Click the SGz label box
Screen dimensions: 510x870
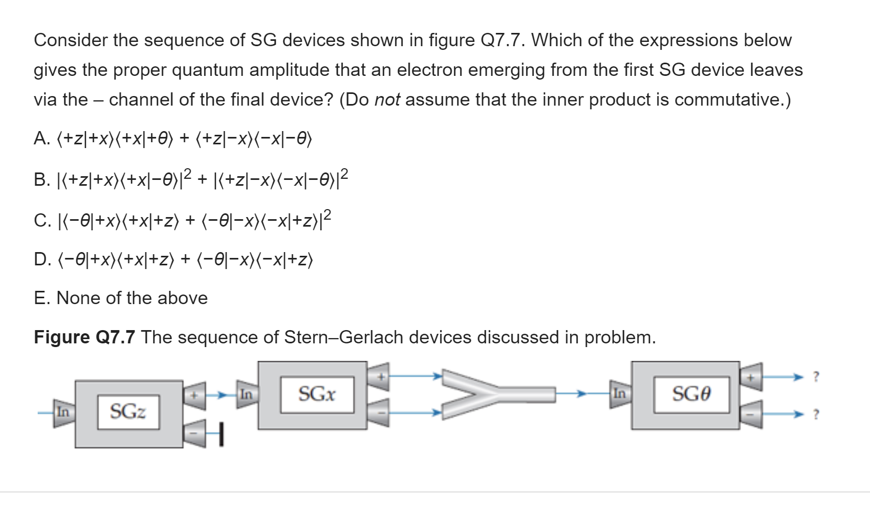click(x=128, y=411)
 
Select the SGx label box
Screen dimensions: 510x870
click(x=317, y=394)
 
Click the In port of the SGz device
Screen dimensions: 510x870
click(x=63, y=412)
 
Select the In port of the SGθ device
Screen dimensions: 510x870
click(x=619, y=394)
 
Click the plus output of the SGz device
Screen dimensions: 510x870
click(x=195, y=395)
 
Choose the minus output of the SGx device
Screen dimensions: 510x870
click(x=378, y=412)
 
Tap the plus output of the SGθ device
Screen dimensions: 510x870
click(x=751, y=377)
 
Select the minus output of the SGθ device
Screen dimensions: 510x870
click(x=751, y=413)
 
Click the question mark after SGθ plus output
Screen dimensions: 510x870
click(x=816, y=377)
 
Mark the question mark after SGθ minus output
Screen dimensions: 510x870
click(x=816, y=414)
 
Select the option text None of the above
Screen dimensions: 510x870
click(x=132, y=298)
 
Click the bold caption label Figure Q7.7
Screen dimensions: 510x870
click(x=84, y=338)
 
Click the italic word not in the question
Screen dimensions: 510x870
click(x=387, y=100)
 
